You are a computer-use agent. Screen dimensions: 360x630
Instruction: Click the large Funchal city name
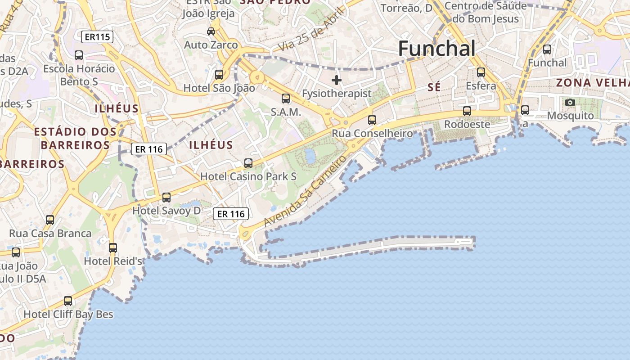pos(436,49)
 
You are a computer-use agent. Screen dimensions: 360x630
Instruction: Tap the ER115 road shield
pos(98,37)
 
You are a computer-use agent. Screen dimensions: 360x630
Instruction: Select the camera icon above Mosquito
pos(570,103)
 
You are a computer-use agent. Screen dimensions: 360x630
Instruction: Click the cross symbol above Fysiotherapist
pos(337,81)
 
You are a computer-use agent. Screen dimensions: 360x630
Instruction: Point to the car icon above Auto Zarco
pos(211,31)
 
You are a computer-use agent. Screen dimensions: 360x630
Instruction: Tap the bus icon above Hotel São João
pos(219,75)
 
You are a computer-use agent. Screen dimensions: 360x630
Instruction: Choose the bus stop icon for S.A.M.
pos(286,99)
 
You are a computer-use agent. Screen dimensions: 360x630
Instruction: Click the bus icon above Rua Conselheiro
pos(372,120)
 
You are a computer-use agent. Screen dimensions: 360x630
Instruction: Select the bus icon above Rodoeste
pos(467,111)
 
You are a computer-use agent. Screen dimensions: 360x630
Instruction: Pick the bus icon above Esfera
pos(481,72)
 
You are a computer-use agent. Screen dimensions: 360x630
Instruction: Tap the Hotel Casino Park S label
pos(248,176)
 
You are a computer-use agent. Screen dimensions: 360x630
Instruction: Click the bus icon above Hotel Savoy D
pos(166,197)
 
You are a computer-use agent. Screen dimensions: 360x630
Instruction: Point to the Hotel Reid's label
pos(113,261)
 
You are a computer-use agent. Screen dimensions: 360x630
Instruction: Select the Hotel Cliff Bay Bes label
pos(68,314)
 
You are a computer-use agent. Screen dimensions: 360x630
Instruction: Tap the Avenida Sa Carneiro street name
pos(306,191)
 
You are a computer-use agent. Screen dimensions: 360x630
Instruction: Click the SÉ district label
pos(434,87)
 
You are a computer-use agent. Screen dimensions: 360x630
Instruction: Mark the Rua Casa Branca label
pos(50,234)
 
